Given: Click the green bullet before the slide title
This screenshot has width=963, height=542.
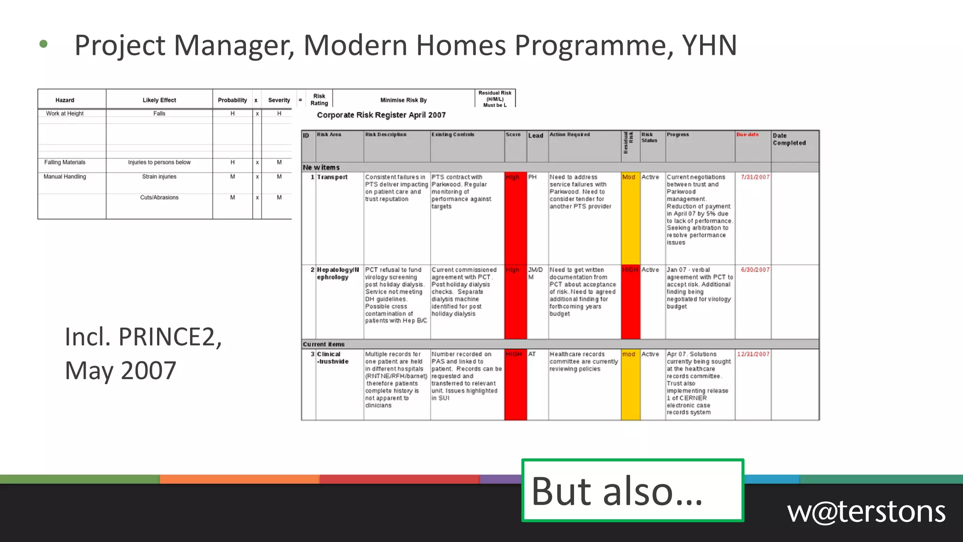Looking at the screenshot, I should (44, 45).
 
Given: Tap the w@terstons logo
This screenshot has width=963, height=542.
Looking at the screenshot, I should (866, 512).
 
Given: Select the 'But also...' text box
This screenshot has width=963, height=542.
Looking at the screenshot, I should (632, 491).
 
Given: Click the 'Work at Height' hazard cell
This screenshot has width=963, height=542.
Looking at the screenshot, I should (65, 113).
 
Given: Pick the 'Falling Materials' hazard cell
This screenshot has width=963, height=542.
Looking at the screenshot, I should (65, 162).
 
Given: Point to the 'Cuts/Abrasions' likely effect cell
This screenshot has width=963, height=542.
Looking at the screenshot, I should (159, 198).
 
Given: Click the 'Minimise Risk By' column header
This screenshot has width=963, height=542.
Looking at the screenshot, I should (403, 100).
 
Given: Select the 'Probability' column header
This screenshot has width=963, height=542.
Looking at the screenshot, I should (232, 100).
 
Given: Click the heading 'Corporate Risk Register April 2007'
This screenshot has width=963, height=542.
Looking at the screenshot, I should (381, 115).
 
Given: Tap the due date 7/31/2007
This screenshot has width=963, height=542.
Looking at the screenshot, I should (755, 177).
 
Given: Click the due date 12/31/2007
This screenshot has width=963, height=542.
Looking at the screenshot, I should (753, 354).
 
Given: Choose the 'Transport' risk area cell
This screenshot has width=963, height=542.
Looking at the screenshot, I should (332, 177).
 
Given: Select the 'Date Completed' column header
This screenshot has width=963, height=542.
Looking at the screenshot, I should (789, 139).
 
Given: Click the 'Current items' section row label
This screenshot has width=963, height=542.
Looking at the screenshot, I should (324, 344).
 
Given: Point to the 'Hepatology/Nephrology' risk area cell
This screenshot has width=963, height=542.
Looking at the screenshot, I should (337, 273).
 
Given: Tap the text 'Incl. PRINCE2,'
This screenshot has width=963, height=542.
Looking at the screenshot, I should (143, 337).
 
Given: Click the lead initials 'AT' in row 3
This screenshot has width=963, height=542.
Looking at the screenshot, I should (532, 354).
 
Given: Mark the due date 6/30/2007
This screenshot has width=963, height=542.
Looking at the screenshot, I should (755, 270).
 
